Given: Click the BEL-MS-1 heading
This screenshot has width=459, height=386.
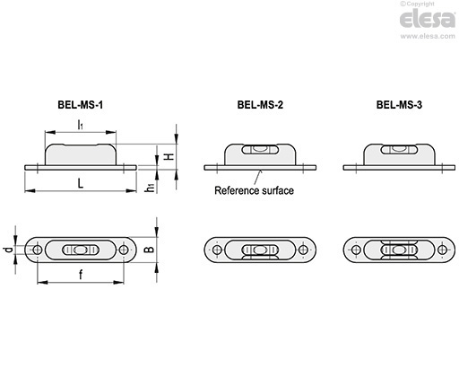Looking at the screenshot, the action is coord(81,105).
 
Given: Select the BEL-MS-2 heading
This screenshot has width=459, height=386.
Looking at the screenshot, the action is coord(260,105).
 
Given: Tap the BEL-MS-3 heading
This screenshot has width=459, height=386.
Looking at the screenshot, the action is coord(399,105).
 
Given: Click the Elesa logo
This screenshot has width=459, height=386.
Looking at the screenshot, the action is coord(428,19).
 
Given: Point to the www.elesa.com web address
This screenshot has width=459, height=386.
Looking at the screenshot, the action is coord(428,36).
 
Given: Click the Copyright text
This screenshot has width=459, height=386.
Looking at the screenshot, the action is coord(418,4).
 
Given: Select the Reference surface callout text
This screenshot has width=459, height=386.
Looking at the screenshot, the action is coord(254,190).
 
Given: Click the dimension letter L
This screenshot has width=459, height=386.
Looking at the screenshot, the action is coord(81,183).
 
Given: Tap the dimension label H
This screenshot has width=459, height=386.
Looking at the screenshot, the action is coord(169,156).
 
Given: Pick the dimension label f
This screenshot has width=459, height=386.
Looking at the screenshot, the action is coord(81,275).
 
